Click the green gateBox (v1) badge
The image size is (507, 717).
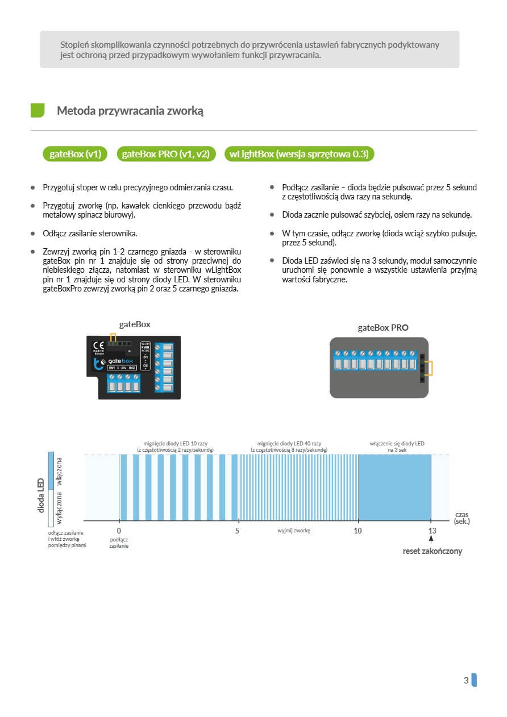click(x=75, y=154)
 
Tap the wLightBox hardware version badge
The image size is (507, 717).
click(x=299, y=154)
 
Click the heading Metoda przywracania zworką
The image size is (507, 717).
click(x=130, y=111)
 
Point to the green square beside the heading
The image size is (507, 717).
click(x=38, y=110)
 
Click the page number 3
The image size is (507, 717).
click(x=466, y=680)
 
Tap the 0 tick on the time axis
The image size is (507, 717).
click(x=119, y=531)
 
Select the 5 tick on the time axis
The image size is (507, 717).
click(x=238, y=531)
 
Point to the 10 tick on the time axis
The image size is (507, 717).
click(x=358, y=531)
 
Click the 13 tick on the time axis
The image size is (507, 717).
click(x=431, y=531)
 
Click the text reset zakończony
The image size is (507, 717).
click(x=432, y=551)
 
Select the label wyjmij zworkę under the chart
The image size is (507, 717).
click(x=294, y=531)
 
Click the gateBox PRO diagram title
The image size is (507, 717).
click(x=383, y=327)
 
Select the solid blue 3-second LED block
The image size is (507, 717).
click(x=394, y=487)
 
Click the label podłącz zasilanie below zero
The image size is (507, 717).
click(x=119, y=542)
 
